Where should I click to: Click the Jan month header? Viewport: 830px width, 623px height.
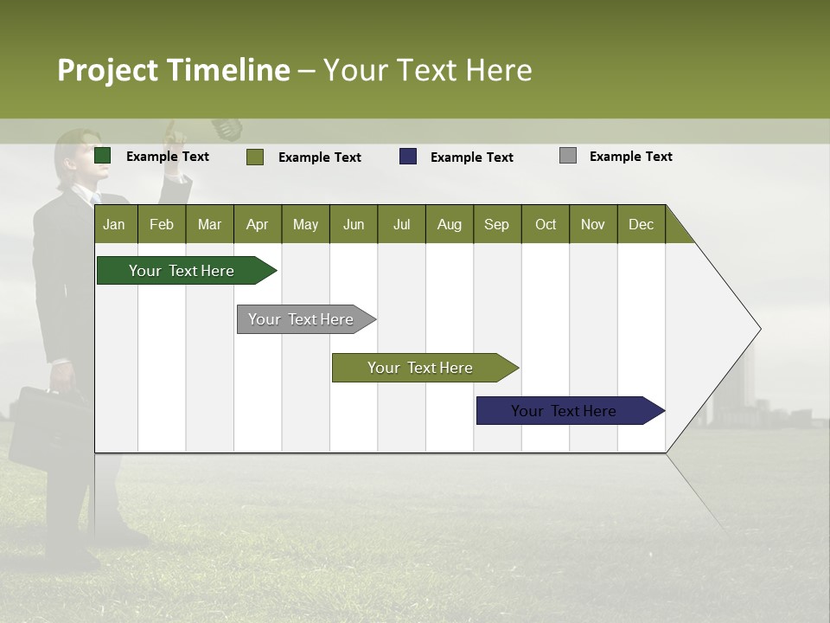115,224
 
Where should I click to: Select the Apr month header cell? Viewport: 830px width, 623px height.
258,224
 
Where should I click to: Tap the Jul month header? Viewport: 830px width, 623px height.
401,224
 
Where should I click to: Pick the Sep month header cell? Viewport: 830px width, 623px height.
497,224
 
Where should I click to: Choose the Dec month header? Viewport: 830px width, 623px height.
641,224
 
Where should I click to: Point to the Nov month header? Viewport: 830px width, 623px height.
593,224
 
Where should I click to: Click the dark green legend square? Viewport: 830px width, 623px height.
103,156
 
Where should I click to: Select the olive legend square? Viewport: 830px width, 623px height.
255,157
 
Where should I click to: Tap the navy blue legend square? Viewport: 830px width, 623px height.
408,157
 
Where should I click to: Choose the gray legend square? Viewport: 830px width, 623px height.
568,156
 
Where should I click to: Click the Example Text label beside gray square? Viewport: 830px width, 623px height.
630,156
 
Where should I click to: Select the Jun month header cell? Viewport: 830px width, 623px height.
354,224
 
